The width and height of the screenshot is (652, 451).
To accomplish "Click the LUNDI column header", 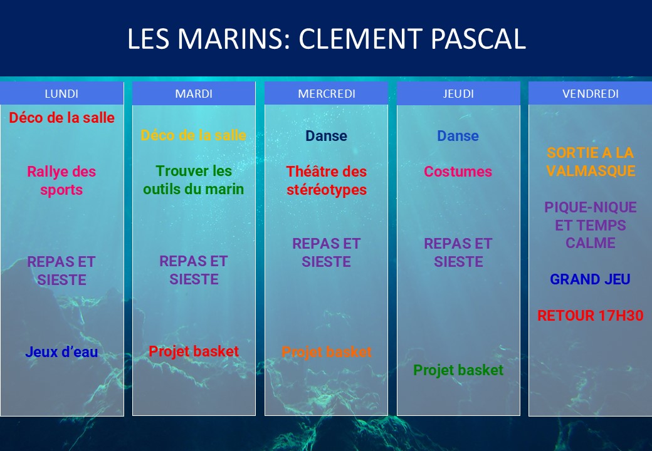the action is tap(61, 94).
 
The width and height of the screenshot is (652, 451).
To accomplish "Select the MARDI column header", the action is tap(194, 94).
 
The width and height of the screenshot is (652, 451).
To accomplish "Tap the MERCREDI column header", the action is tap(327, 94).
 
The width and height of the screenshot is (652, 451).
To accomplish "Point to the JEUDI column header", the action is tap(458, 94).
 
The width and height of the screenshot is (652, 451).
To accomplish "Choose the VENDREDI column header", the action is tap(591, 94).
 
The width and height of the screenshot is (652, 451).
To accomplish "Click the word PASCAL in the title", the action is tap(478, 39).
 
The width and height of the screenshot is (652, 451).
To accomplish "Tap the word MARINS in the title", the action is tap(229, 39).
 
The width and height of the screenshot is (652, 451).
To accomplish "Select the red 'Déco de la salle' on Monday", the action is tap(61, 118).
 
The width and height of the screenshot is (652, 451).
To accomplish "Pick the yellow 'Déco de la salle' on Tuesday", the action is tap(193, 135).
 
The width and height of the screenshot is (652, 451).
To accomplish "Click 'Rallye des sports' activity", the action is tap(61, 180).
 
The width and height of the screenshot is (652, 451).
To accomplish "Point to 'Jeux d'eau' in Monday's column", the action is tap(61, 352).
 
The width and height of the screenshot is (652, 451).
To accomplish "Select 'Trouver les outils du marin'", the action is tap(193, 180).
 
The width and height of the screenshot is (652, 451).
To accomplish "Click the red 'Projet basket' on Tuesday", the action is tap(194, 351).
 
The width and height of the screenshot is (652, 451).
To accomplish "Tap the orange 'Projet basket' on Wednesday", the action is tap(327, 352).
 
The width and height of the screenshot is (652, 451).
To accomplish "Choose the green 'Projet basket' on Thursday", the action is tap(458, 370).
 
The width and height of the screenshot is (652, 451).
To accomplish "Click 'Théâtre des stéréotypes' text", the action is tap(327, 180).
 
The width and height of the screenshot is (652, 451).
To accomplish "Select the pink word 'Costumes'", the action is tap(458, 172).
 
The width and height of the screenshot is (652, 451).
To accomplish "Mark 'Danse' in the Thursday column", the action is tap(458, 136).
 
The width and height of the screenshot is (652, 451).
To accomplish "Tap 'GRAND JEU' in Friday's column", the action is tap(591, 279).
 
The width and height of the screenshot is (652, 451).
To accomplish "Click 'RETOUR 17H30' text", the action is tap(591, 316).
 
